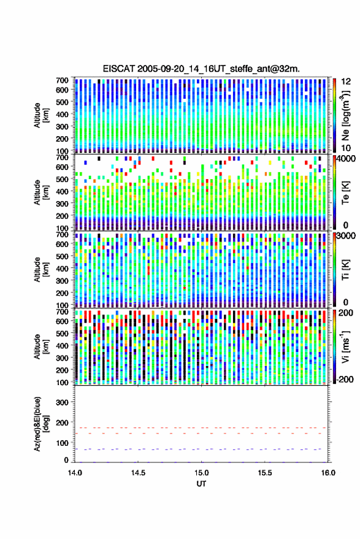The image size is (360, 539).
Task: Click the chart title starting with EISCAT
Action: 201,69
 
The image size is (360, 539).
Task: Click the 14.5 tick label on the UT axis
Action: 138,473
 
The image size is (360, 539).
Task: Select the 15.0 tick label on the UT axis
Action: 202,473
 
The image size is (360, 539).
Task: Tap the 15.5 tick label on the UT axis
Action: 265,473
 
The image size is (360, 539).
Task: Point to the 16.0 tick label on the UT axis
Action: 328,473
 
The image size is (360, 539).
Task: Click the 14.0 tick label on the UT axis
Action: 75,473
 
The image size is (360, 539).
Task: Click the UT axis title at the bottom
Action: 202,484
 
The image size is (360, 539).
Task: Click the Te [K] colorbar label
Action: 345,193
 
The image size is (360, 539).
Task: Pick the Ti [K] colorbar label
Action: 345,270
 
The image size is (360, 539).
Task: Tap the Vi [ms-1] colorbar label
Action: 345,346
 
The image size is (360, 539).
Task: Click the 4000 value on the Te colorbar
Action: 347,159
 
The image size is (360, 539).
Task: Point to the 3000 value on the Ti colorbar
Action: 347,236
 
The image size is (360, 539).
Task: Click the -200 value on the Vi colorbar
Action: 345,379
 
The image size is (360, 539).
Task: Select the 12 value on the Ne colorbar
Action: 347,82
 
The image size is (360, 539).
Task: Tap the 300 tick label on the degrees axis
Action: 62,402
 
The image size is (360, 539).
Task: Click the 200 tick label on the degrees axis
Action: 62,422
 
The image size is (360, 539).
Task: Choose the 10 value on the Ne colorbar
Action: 347,148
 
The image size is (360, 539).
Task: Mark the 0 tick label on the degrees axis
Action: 66,460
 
